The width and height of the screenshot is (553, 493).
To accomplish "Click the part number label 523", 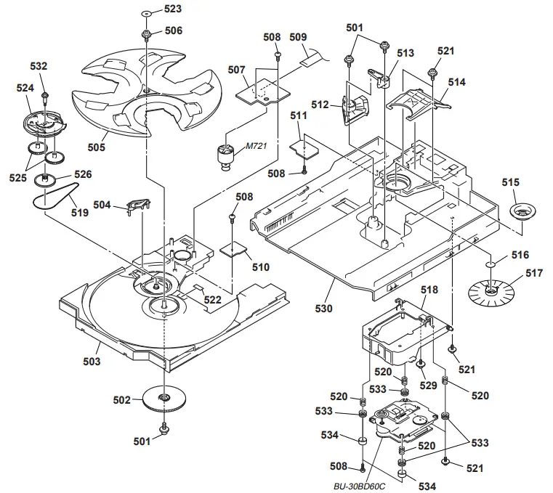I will pyautogui.click(x=173, y=9).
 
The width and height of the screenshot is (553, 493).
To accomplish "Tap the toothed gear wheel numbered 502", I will pyautogui.click(x=164, y=400).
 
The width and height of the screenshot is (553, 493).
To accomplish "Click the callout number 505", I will pyautogui.click(x=96, y=147).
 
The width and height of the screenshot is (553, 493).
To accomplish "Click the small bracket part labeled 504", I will pyautogui.click(x=138, y=206).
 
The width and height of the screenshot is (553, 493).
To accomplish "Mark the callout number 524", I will pyautogui.click(x=25, y=88).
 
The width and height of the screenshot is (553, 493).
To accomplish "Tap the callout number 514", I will pyautogui.click(x=456, y=83).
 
